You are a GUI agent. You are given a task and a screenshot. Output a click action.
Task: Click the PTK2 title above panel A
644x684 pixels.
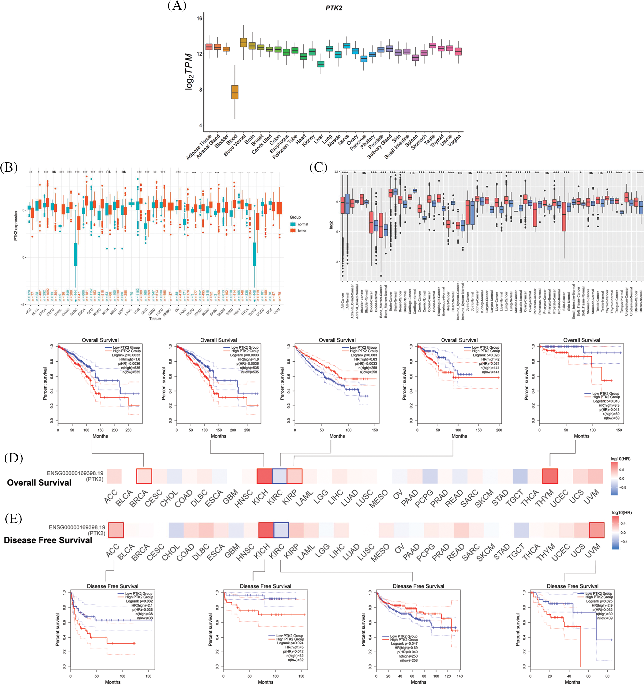pyautogui.click(x=333, y=8)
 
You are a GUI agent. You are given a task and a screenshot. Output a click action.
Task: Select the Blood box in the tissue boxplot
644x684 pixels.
pyautogui.click(x=235, y=92)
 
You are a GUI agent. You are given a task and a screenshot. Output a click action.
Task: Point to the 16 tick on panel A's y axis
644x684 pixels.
pyautogui.click(x=199, y=18)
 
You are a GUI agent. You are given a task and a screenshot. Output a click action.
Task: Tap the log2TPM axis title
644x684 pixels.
pyautogui.click(x=189, y=72)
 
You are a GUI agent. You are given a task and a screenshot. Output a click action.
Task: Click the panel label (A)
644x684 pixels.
pyautogui.click(x=177, y=6)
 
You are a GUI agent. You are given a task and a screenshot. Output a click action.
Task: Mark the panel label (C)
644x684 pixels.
pyautogui.click(x=318, y=168)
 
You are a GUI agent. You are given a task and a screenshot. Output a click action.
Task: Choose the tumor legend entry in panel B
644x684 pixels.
pyautogui.click(x=302, y=230)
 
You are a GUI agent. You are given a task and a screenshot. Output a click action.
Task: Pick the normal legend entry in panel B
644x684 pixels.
pyautogui.click(x=302, y=224)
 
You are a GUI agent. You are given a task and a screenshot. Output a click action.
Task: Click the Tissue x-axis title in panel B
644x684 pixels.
pyautogui.click(x=155, y=319)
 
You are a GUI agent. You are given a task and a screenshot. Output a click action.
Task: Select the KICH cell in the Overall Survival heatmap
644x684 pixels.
pyautogui.click(x=264, y=476)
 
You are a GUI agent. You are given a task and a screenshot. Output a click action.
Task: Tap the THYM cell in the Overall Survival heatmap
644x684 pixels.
pyautogui.click(x=550, y=476)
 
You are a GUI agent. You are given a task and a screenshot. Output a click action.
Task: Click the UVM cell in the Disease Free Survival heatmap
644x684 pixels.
pyautogui.click(x=597, y=530)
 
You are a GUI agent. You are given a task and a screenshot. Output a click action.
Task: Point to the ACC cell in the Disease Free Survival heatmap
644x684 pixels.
pyautogui.click(x=116, y=530)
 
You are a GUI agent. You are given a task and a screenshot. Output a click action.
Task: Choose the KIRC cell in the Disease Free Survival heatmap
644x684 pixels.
pyautogui.click(x=281, y=530)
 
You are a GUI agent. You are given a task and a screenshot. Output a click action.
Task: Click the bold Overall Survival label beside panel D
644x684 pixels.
pyautogui.click(x=39, y=483)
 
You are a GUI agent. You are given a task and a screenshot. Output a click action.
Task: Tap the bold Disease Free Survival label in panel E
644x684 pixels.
pyautogui.click(x=48, y=540)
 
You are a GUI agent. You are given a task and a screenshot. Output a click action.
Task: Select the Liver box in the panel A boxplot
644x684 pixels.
pyautogui.click(x=321, y=64)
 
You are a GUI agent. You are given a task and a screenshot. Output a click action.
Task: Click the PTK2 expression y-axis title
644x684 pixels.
pyautogui.click(x=16, y=226)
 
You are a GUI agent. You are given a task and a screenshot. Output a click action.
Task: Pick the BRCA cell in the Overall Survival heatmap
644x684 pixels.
pyautogui.click(x=144, y=476)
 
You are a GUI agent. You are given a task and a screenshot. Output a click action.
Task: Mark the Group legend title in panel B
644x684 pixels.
pyautogui.click(x=295, y=217)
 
